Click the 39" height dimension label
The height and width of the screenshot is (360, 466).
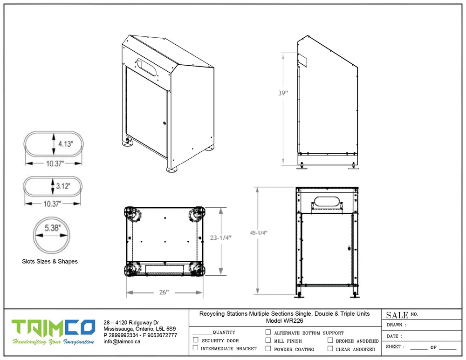[283, 93]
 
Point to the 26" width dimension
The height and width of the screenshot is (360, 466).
[164, 292]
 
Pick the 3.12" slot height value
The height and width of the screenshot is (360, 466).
[63, 186]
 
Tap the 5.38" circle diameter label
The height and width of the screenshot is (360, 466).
[53, 228]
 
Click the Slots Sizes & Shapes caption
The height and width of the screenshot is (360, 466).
[50, 261]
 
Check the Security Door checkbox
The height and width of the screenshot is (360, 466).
[196, 340]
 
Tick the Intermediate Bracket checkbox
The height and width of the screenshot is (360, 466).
[196, 348]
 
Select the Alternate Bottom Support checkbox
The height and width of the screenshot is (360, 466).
[268, 333]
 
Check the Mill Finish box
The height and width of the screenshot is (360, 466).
[268, 340]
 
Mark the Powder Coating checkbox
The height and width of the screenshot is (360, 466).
[268, 348]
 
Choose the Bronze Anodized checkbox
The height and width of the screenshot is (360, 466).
[330, 340]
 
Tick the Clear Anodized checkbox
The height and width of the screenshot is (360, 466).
[330, 348]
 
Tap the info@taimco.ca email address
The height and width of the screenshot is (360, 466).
[122, 341]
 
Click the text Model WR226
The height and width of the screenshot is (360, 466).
[284, 321]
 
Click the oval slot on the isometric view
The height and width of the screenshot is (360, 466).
[147, 67]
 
